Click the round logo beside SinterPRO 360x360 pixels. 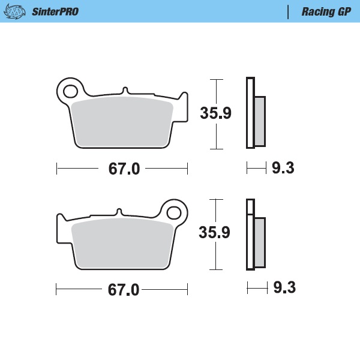pyautogui.click(x=18, y=11)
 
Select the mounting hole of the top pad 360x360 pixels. pyautogui.click(x=70, y=92)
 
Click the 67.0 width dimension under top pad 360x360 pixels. pyautogui.click(x=124, y=169)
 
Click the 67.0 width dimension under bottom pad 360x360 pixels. pyautogui.click(x=124, y=290)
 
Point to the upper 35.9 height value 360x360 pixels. pyautogui.click(x=215, y=113)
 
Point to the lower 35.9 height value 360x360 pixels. pyautogui.click(x=215, y=233)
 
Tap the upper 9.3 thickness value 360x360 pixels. pyautogui.click(x=283, y=169)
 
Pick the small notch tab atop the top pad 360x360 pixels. pyautogui.click(x=125, y=91)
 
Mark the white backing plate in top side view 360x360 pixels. pyautogui.click(x=250, y=113)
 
